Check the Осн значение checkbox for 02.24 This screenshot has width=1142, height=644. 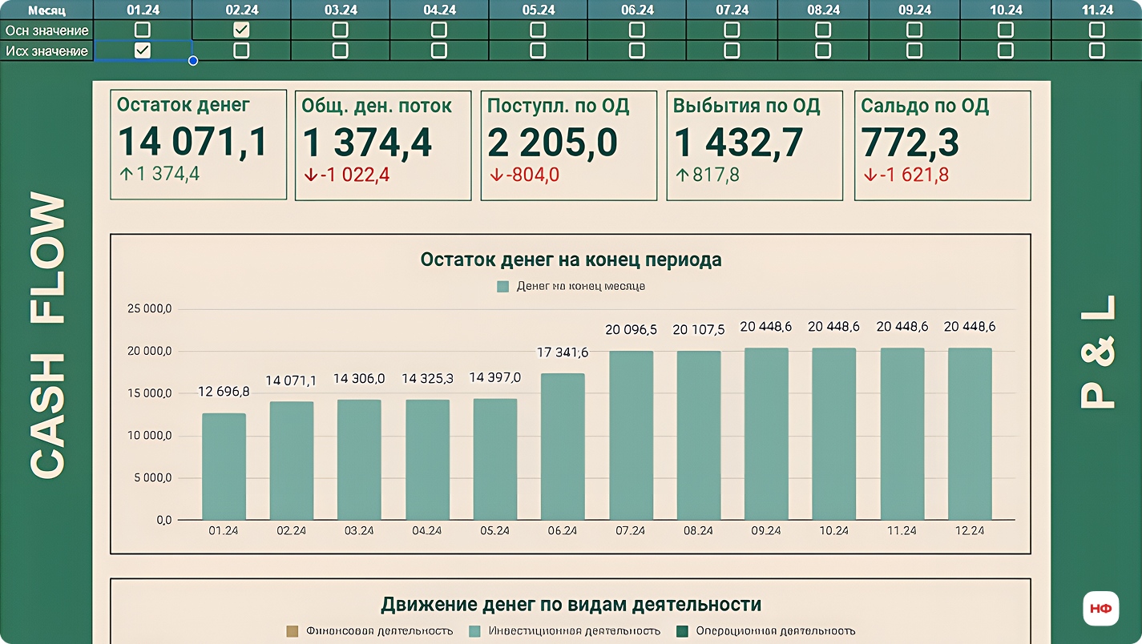pos(241,30)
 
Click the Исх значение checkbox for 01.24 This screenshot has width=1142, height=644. pos(143,50)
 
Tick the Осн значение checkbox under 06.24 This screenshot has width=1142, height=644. pos(636,30)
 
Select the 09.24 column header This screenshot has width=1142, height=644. pos(914,10)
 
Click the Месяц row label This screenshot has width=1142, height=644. pos(46,10)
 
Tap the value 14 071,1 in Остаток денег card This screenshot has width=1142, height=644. pos(192,142)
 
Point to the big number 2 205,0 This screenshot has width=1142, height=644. pos(552,142)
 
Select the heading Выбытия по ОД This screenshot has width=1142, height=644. pos(746,106)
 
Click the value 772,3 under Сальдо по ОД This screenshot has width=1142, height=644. pos(910,142)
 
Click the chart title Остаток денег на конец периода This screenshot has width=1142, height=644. pos(571,260)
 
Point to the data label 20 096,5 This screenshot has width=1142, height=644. pos(631,329)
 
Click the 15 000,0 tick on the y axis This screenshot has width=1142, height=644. pos(151,393)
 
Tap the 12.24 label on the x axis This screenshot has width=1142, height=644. pos(970,531)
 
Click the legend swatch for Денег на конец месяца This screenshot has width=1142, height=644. pos(502,286)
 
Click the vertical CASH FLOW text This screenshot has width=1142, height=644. pos(47,336)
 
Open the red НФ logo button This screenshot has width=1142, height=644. pos(1100,608)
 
